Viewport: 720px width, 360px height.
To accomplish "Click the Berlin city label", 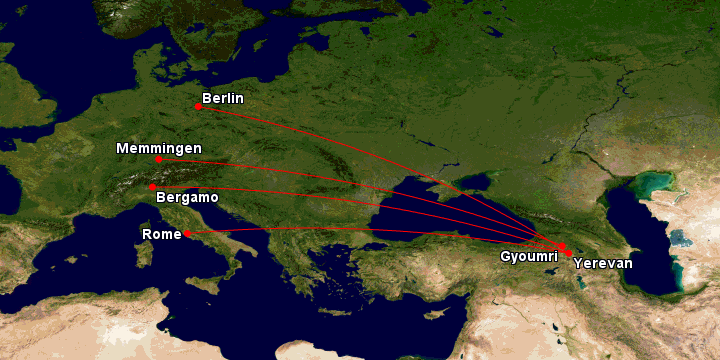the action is pos(222,98).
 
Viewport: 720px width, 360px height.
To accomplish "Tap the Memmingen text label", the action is pos(158,148).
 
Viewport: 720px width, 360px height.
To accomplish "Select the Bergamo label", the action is pos(187,198).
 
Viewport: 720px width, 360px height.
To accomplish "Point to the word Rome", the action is pos(161,233).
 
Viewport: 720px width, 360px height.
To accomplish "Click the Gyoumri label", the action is pos(529,256).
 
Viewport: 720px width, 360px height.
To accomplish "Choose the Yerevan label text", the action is pos(603,263).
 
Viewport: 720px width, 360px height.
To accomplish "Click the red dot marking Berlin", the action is pos(199,106).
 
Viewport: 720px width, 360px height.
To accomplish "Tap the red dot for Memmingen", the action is pos(158,159).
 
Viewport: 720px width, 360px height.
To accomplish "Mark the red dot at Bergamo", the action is pos(152,187).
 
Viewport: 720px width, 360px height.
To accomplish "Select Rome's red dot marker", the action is pos(186,233).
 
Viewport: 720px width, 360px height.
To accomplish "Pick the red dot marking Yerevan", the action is pos(569,254).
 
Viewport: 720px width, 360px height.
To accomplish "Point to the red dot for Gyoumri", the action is pos(561,246).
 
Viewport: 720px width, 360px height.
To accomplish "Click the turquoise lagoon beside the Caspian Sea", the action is pos(656,185).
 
